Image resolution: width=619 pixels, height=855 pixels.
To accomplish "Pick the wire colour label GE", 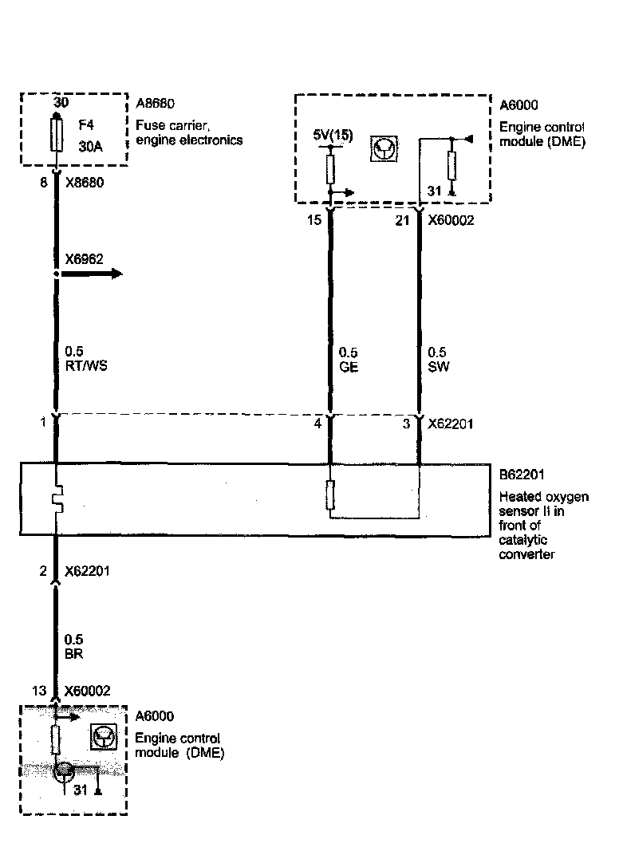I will coord(348,367).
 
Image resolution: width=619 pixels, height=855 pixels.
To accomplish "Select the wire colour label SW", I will coord(437,367).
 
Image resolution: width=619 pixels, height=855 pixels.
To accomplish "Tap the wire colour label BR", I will coord(74,653).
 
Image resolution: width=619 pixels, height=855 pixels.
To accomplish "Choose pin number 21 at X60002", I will coord(402,220).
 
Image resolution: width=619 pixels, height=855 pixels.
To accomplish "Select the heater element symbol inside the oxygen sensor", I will coord(57,501).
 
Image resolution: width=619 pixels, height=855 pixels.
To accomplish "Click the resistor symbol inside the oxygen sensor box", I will coord(330,495).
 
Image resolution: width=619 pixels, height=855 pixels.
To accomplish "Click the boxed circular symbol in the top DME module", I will coord(385,149).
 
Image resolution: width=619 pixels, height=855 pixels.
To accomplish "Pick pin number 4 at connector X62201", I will coord(317,424).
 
